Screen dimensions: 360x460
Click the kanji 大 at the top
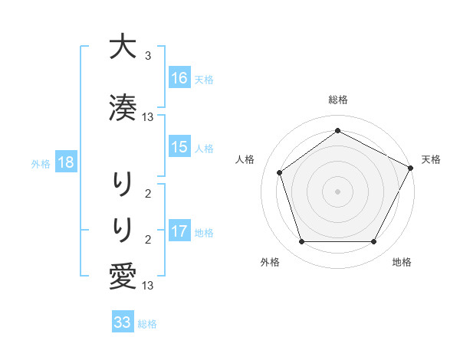tap(122, 47)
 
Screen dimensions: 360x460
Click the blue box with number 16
tap(179, 77)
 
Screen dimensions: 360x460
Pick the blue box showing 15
tap(179, 147)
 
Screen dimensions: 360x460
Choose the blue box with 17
tap(179, 231)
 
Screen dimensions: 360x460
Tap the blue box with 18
tap(66, 162)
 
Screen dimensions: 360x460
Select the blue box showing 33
tap(123, 322)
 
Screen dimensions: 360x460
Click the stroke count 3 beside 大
tap(148, 56)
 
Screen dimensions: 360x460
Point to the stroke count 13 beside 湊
tap(148, 117)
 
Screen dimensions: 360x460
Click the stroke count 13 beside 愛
tap(148, 286)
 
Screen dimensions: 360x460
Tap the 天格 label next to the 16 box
tap(204, 79)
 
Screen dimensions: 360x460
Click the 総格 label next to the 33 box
tap(147, 324)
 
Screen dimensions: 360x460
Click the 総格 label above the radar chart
tap(337, 100)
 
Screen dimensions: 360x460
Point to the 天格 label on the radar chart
tap(431, 159)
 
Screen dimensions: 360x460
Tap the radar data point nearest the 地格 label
tap(373, 242)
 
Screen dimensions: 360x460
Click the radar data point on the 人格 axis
tap(280, 172)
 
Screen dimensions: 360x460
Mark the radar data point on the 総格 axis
tap(337, 131)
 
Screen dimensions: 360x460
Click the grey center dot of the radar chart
tap(337, 191)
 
